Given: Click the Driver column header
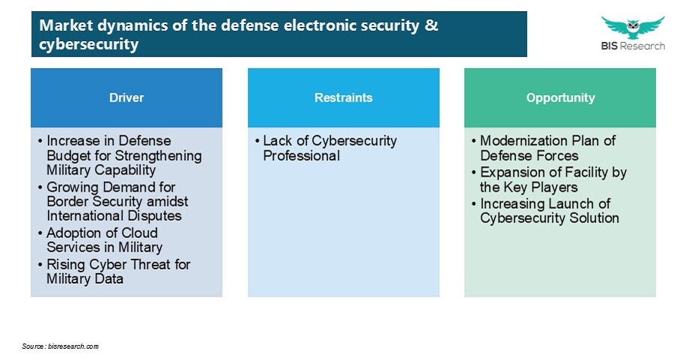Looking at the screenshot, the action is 127,97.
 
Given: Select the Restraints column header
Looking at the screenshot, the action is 344,97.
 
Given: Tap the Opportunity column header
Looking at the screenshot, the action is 560,97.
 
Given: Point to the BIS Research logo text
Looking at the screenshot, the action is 633,46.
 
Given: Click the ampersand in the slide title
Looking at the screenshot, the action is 431,25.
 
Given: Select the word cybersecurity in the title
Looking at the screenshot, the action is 89,44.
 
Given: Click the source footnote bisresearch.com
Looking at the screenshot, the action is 60,347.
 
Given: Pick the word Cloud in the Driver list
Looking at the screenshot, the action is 139,233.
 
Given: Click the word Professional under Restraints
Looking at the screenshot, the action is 301,156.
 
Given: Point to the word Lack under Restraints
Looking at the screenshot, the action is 277,141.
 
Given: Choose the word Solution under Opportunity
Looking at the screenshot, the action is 594,218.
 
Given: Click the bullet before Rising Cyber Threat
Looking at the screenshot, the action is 40,265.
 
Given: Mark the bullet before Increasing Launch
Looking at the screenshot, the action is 473,204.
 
